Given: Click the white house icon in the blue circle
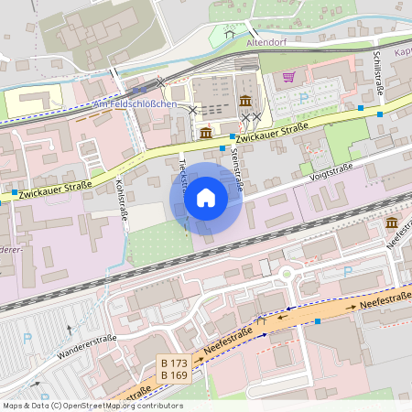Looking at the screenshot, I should point(206,198).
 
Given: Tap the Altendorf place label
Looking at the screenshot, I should point(267,42).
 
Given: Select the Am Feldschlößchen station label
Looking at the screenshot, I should point(135,104).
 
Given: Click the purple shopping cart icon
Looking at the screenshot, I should point(289,77).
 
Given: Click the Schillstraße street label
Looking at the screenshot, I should point(378,74).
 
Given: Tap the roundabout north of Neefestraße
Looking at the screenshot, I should point(287,273).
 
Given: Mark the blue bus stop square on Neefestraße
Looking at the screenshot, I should point(318,320).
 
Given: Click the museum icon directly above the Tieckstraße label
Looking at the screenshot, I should point(206,134).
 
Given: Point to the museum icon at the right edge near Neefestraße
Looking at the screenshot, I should point(392,223).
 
